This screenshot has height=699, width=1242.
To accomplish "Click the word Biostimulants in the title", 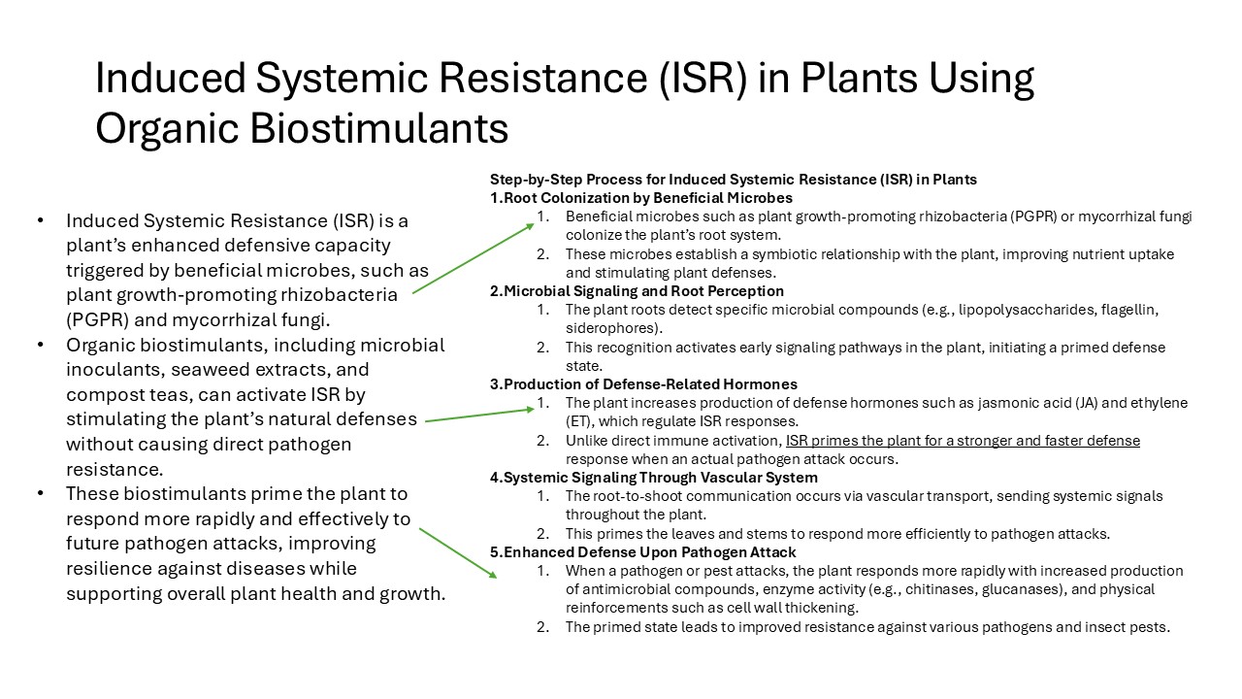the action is (x=378, y=128).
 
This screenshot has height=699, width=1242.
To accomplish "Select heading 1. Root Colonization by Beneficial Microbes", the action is (x=641, y=198).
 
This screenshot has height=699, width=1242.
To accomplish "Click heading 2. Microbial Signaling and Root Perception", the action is (x=637, y=291).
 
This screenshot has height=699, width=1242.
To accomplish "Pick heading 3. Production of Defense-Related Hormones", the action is (x=643, y=384).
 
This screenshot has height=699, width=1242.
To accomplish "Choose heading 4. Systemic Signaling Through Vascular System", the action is (x=654, y=478).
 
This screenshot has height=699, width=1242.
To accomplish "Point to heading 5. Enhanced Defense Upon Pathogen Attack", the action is (x=643, y=552).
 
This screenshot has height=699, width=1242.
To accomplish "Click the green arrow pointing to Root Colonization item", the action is (x=474, y=258).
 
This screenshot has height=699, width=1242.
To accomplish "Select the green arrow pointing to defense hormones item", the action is (x=479, y=415).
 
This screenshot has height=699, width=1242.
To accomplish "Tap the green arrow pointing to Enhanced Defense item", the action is (x=458, y=553).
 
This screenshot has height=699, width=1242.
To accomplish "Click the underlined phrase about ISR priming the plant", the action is (x=964, y=441).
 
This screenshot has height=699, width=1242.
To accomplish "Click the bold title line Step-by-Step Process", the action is (x=733, y=180).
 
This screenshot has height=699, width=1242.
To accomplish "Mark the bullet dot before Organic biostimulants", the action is (x=41, y=345).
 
